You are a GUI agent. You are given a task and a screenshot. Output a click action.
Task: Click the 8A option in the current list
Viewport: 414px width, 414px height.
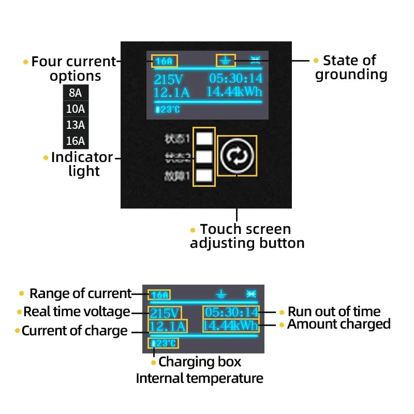coord(76,93)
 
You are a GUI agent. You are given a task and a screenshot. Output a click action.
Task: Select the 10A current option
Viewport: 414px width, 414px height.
coord(76,109)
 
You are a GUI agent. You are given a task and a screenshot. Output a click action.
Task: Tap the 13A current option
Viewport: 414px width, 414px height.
coord(76,125)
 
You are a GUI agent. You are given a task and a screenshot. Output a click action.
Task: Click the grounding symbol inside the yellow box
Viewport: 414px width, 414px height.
coord(225,61)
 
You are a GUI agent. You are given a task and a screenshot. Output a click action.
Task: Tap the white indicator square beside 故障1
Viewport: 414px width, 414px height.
coord(205,176)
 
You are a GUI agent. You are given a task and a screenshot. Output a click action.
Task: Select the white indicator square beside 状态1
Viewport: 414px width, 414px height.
coord(205,138)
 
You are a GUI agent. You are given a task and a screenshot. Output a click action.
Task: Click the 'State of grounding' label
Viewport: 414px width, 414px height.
coord(351,67)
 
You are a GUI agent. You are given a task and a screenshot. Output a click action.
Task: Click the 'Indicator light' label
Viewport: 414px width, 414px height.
coord(82,164)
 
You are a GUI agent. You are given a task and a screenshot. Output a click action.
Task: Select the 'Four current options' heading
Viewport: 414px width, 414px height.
coord(74,68)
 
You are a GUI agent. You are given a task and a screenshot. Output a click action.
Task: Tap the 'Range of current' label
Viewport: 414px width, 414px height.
coord(80,293)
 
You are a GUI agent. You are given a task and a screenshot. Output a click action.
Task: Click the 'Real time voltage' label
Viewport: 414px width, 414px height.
coord(77,312)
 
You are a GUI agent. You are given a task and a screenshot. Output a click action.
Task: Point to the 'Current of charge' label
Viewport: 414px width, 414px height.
coord(74,331)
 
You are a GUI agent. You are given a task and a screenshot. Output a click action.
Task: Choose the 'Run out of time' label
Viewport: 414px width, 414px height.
coord(334,312)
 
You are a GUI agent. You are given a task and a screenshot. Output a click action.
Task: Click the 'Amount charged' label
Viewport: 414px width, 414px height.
coord(338,324)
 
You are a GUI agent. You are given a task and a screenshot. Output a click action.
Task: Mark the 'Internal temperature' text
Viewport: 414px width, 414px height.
coord(199,378)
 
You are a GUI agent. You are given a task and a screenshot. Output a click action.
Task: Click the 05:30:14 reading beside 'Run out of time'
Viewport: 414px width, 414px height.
coord(231,312)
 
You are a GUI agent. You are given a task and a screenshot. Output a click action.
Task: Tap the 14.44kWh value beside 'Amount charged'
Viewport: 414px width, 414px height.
coord(230,326)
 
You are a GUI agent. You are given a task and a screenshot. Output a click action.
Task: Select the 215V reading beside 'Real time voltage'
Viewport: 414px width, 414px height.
coord(164,313)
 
